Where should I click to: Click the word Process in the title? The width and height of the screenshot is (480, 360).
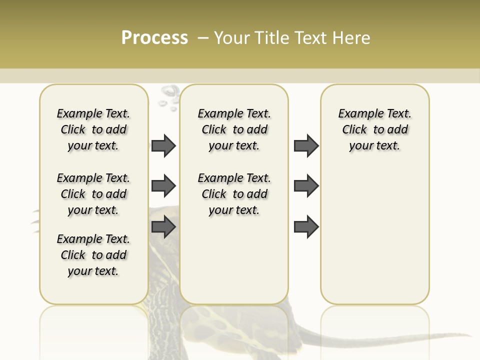point(154,38)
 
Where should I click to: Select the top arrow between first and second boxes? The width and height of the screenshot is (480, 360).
point(163,146)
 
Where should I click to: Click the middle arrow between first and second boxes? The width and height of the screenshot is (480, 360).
point(163,186)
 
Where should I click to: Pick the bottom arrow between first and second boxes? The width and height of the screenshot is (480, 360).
point(163,227)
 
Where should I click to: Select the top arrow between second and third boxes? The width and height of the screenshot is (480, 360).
point(306,146)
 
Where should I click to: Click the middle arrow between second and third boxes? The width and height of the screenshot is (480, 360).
point(306,186)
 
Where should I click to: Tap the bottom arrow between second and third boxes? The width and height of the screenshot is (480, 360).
point(306,227)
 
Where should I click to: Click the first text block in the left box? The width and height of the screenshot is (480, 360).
point(93,129)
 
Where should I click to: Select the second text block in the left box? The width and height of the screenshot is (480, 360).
point(93,194)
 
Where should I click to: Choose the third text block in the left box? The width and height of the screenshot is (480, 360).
point(93,255)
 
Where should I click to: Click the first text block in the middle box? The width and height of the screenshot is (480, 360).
point(234,129)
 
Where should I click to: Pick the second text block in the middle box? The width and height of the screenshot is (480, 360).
point(234,194)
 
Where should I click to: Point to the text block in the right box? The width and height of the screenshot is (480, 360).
point(374,129)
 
